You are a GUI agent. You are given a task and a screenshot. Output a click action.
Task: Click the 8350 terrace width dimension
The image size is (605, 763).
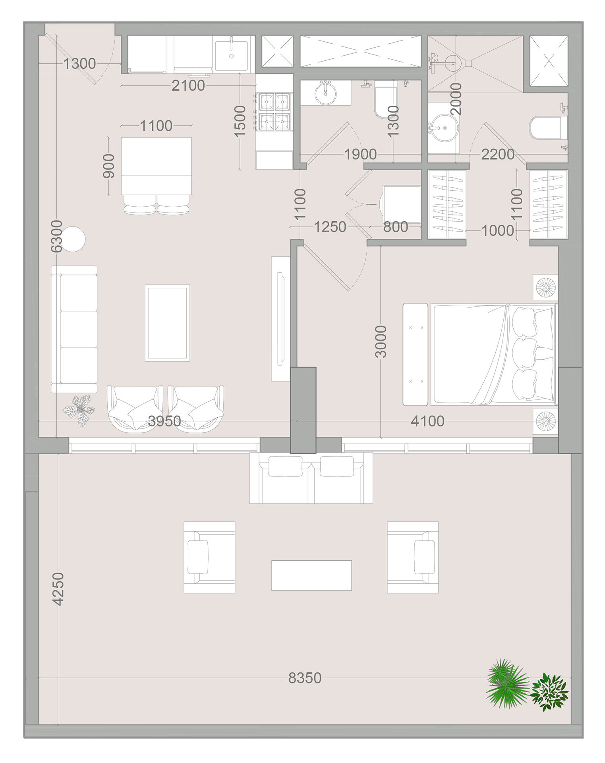coord(305,678)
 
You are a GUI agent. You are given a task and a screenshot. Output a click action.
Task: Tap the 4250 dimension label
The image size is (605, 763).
coord(58,589)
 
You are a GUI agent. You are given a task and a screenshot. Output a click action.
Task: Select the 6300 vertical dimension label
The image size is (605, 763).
coord(57,236)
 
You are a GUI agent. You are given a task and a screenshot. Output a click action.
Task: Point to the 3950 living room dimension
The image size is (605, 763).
coord(164,421)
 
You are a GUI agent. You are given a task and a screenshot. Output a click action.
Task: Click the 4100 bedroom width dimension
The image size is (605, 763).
coord(427,421)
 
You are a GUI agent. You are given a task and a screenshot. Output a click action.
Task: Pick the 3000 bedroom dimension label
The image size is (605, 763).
coord(381,341)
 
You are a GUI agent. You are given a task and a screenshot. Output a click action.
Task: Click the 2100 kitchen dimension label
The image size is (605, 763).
coord(188,85)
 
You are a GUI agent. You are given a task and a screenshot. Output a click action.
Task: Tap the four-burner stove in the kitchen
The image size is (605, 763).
coord(274,112)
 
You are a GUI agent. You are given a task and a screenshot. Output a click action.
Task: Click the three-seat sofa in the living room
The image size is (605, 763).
coord(74,329)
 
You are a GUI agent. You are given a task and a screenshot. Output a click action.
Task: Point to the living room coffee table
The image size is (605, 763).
coord(167,323)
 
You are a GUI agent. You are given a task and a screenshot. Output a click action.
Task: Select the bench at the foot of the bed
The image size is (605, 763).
coord(416,354)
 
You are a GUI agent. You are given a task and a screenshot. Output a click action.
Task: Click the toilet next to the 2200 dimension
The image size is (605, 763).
coord(545,128)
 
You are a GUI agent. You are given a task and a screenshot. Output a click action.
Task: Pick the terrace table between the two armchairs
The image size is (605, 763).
coord(311,575)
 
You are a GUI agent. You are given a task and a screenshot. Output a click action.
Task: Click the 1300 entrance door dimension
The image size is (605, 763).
coord(79,64)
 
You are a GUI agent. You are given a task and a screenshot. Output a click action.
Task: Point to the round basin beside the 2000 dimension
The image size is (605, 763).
coord(445,128)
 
